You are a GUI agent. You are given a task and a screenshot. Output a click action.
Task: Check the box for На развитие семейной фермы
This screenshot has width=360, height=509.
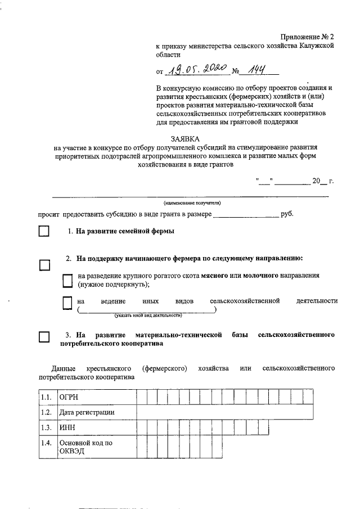[44, 232]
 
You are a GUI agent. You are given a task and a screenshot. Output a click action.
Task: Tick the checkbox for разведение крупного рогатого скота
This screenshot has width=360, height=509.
[67, 280]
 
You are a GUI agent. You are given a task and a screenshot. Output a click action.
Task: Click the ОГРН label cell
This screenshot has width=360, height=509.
[96, 398]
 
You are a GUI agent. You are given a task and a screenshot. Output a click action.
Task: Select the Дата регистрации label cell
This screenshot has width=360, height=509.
[96, 412]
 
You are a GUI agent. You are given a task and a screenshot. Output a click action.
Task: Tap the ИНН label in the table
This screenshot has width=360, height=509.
[96, 427]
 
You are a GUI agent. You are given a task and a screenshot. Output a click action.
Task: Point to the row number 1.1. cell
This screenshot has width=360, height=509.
[47, 398]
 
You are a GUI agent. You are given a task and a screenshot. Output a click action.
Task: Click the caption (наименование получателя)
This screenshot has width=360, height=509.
[192, 202]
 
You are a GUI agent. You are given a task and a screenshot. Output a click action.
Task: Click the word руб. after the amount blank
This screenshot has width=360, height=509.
[287, 214]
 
